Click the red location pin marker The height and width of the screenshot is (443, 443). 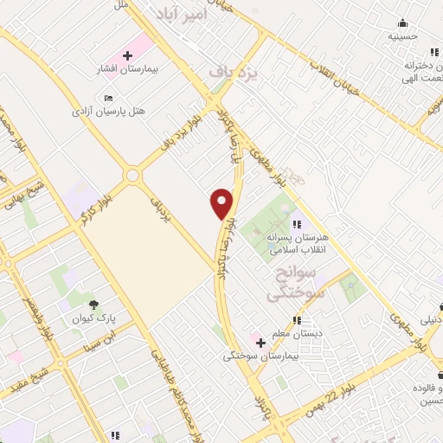223,202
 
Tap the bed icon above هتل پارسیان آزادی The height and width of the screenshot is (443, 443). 108,98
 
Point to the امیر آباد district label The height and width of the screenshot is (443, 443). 181,13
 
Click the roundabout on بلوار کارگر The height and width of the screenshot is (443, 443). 132,176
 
